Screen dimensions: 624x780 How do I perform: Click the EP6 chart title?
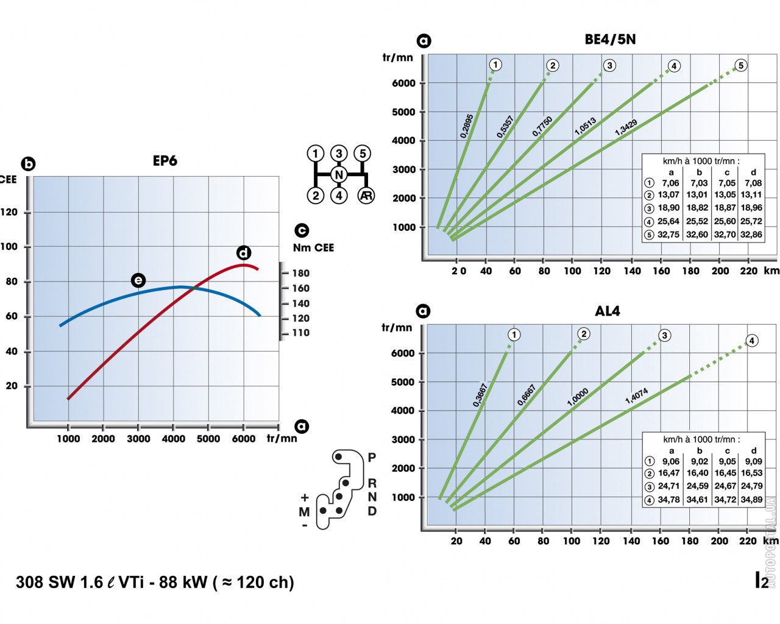pyautogui.click(x=165, y=161)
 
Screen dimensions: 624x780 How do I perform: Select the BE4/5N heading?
pyautogui.click(x=610, y=40)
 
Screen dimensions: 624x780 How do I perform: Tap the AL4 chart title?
pyautogui.click(x=608, y=311)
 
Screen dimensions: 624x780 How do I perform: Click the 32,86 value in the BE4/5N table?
pyautogui.click(x=751, y=234)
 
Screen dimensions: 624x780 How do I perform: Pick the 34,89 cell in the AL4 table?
pyautogui.click(x=751, y=500)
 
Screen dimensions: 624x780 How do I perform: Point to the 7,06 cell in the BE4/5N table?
pyautogui.click(x=670, y=183)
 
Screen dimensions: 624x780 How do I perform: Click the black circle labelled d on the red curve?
pyautogui.click(x=244, y=252)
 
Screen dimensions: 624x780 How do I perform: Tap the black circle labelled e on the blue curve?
pyautogui.click(x=138, y=280)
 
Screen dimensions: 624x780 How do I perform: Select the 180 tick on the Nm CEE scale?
pyautogui.click(x=300, y=273)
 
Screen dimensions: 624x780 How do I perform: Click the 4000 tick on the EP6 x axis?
pyautogui.click(x=173, y=439)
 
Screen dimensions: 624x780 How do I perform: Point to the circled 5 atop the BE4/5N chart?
pyautogui.click(x=740, y=66)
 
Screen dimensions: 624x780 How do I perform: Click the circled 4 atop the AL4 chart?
pyautogui.click(x=752, y=341)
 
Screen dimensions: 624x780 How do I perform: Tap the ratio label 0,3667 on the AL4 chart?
pyautogui.click(x=480, y=395)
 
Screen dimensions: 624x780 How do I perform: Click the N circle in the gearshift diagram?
pyautogui.click(x=339, y=175)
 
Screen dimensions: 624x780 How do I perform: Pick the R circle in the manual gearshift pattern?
pyautogui.click(x=366, y=196)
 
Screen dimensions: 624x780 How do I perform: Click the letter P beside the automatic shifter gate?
pyautogui.click(x=372, y=457)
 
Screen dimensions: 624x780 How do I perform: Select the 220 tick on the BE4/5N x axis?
pyautogui.click(x=749, y=271)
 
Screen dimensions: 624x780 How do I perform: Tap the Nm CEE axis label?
pyautogui.click(x=313, y=247)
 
